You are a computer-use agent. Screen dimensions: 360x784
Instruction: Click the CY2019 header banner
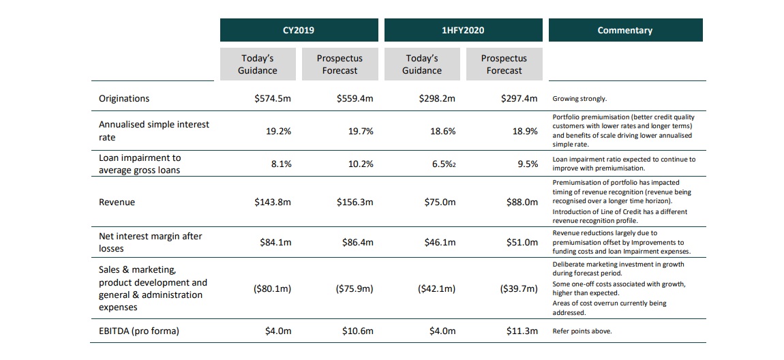click(299, 30)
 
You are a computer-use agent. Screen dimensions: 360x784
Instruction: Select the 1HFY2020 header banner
click(463, 30)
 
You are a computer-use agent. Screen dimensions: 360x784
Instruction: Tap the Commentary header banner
click(624, 30)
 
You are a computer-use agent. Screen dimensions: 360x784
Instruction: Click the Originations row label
click(124, 98)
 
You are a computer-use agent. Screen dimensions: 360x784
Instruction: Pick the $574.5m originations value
click(273, 98)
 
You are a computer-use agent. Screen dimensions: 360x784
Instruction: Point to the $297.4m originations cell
click(519, 98)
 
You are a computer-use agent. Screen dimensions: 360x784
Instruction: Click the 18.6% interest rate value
click(442, 131)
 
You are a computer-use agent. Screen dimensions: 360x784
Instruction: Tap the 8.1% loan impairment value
click(281, 164)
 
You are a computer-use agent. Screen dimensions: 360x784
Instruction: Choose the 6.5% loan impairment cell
click(444, 164)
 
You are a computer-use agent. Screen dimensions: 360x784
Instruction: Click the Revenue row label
click(117, 202)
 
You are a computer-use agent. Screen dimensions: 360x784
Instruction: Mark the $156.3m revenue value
click(355, 202)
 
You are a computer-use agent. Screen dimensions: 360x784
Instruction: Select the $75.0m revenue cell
click(438, 202)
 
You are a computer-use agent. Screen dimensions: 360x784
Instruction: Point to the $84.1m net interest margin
click(276, 242)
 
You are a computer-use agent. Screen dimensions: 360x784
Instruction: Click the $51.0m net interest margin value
click(522, 242)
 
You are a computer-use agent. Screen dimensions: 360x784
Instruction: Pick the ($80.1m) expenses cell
click(273, 288)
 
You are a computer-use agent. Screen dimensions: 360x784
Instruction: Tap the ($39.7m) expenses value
click(519, 288)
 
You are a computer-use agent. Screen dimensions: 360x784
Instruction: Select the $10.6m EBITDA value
click(358, 331)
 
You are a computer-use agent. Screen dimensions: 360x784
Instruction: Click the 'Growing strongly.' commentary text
click(579, 99)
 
